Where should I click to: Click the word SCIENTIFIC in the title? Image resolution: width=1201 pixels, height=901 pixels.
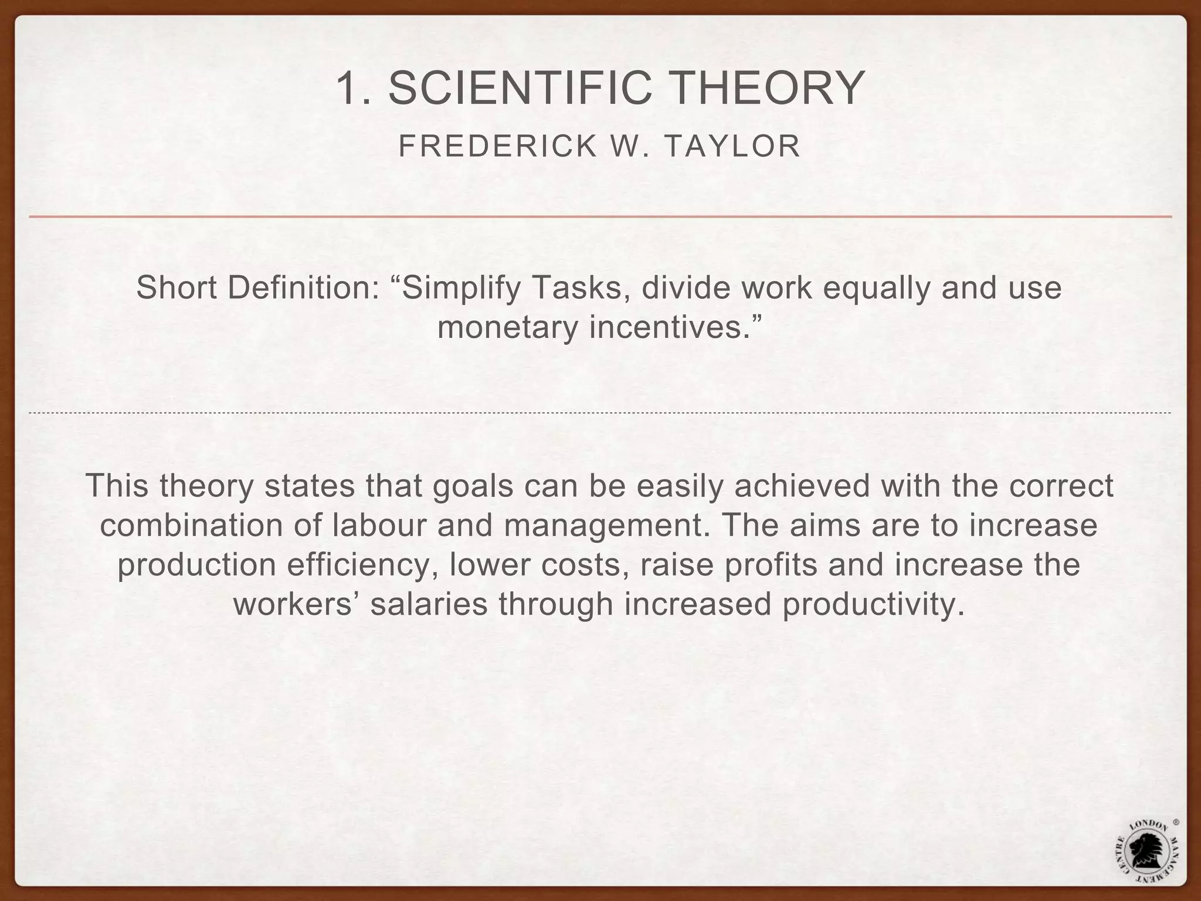click(520, 88)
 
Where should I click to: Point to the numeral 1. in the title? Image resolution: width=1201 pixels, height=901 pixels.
click(354, 88)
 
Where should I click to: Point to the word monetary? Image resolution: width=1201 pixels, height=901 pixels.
click(508, 327)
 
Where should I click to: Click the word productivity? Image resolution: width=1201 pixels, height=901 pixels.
click(872, 605)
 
